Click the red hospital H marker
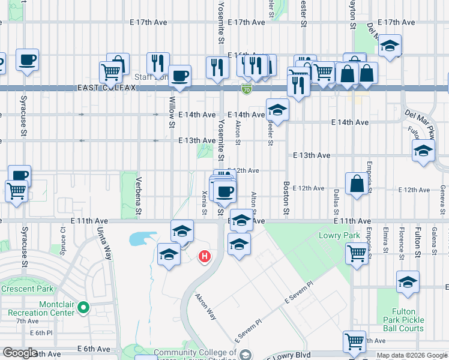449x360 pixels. coord(204,257)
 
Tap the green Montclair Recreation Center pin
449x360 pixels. coord(83,308)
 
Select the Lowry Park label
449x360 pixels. coord(340,236)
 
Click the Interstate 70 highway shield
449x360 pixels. coord(246,89)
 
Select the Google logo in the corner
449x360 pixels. coord(20,353)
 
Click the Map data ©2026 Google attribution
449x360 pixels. coord(411,355)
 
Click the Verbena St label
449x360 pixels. coord(139,196)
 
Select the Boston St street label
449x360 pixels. coord(286,199)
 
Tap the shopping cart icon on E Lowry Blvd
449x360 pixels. coord(354,342)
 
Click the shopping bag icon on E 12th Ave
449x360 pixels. coord(357,184)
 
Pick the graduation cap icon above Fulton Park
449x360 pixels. coord(408,281)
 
